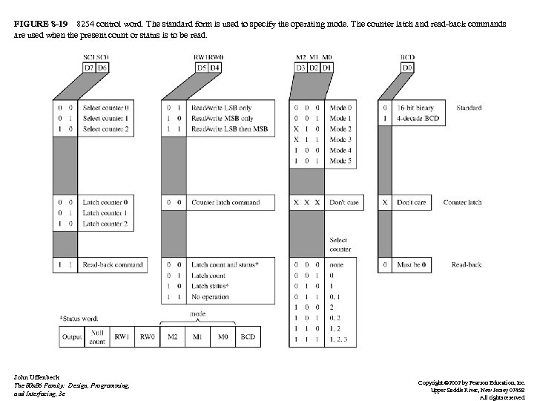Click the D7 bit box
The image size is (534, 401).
pyautogui.click(x=90, y=68)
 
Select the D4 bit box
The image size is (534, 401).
pyautogui.click(x=216, y=68)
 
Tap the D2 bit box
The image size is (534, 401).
pyautogui.click(x=314, y=68)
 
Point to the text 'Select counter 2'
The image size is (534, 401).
pyautogui.click(x=106, y=128)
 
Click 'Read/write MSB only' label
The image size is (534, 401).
pyautogui.click(x=222, y=118)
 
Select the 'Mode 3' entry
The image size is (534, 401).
pyautogui.click(x=341, y=140)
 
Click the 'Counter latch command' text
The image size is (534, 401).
pyautogui.click(x=226, y=202)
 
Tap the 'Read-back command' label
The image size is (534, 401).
pyautogui.click(x=113, y=264)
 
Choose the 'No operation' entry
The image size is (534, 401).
pyautogui.click(x=211, y=296)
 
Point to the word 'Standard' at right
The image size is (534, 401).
pyautogui.click(x=469, y=108)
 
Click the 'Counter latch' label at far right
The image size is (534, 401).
pyautogui.click(x=462, y=202)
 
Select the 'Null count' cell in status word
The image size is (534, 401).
pyautogui.click(x=96, y=337)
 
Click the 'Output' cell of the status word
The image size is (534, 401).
pyautogui.click(x=72, y=337)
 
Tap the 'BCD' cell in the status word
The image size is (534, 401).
pyautogui.click(x=248, y=337)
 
